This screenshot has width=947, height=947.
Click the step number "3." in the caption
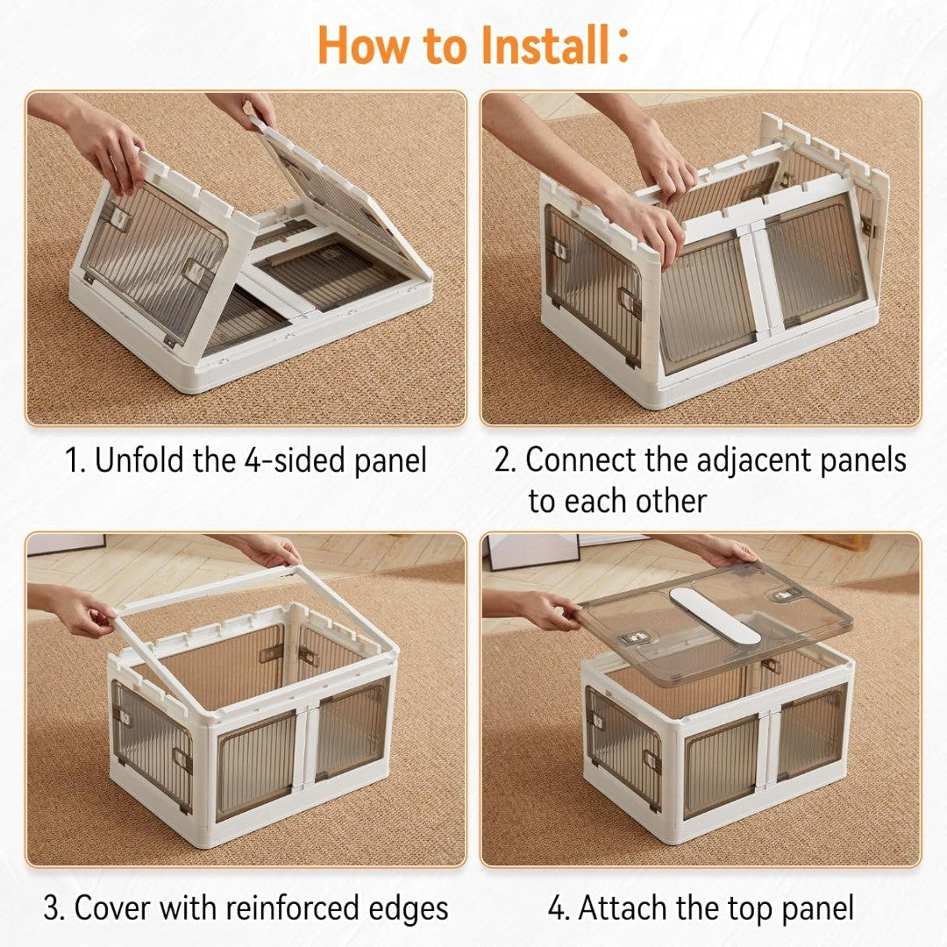pyautogui.click(x=54, y=908)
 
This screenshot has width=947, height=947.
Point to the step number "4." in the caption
pyautogui.click(x=559, y=908)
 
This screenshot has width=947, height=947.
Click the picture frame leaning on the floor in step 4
pyautogui.click(x=531, y=551)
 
